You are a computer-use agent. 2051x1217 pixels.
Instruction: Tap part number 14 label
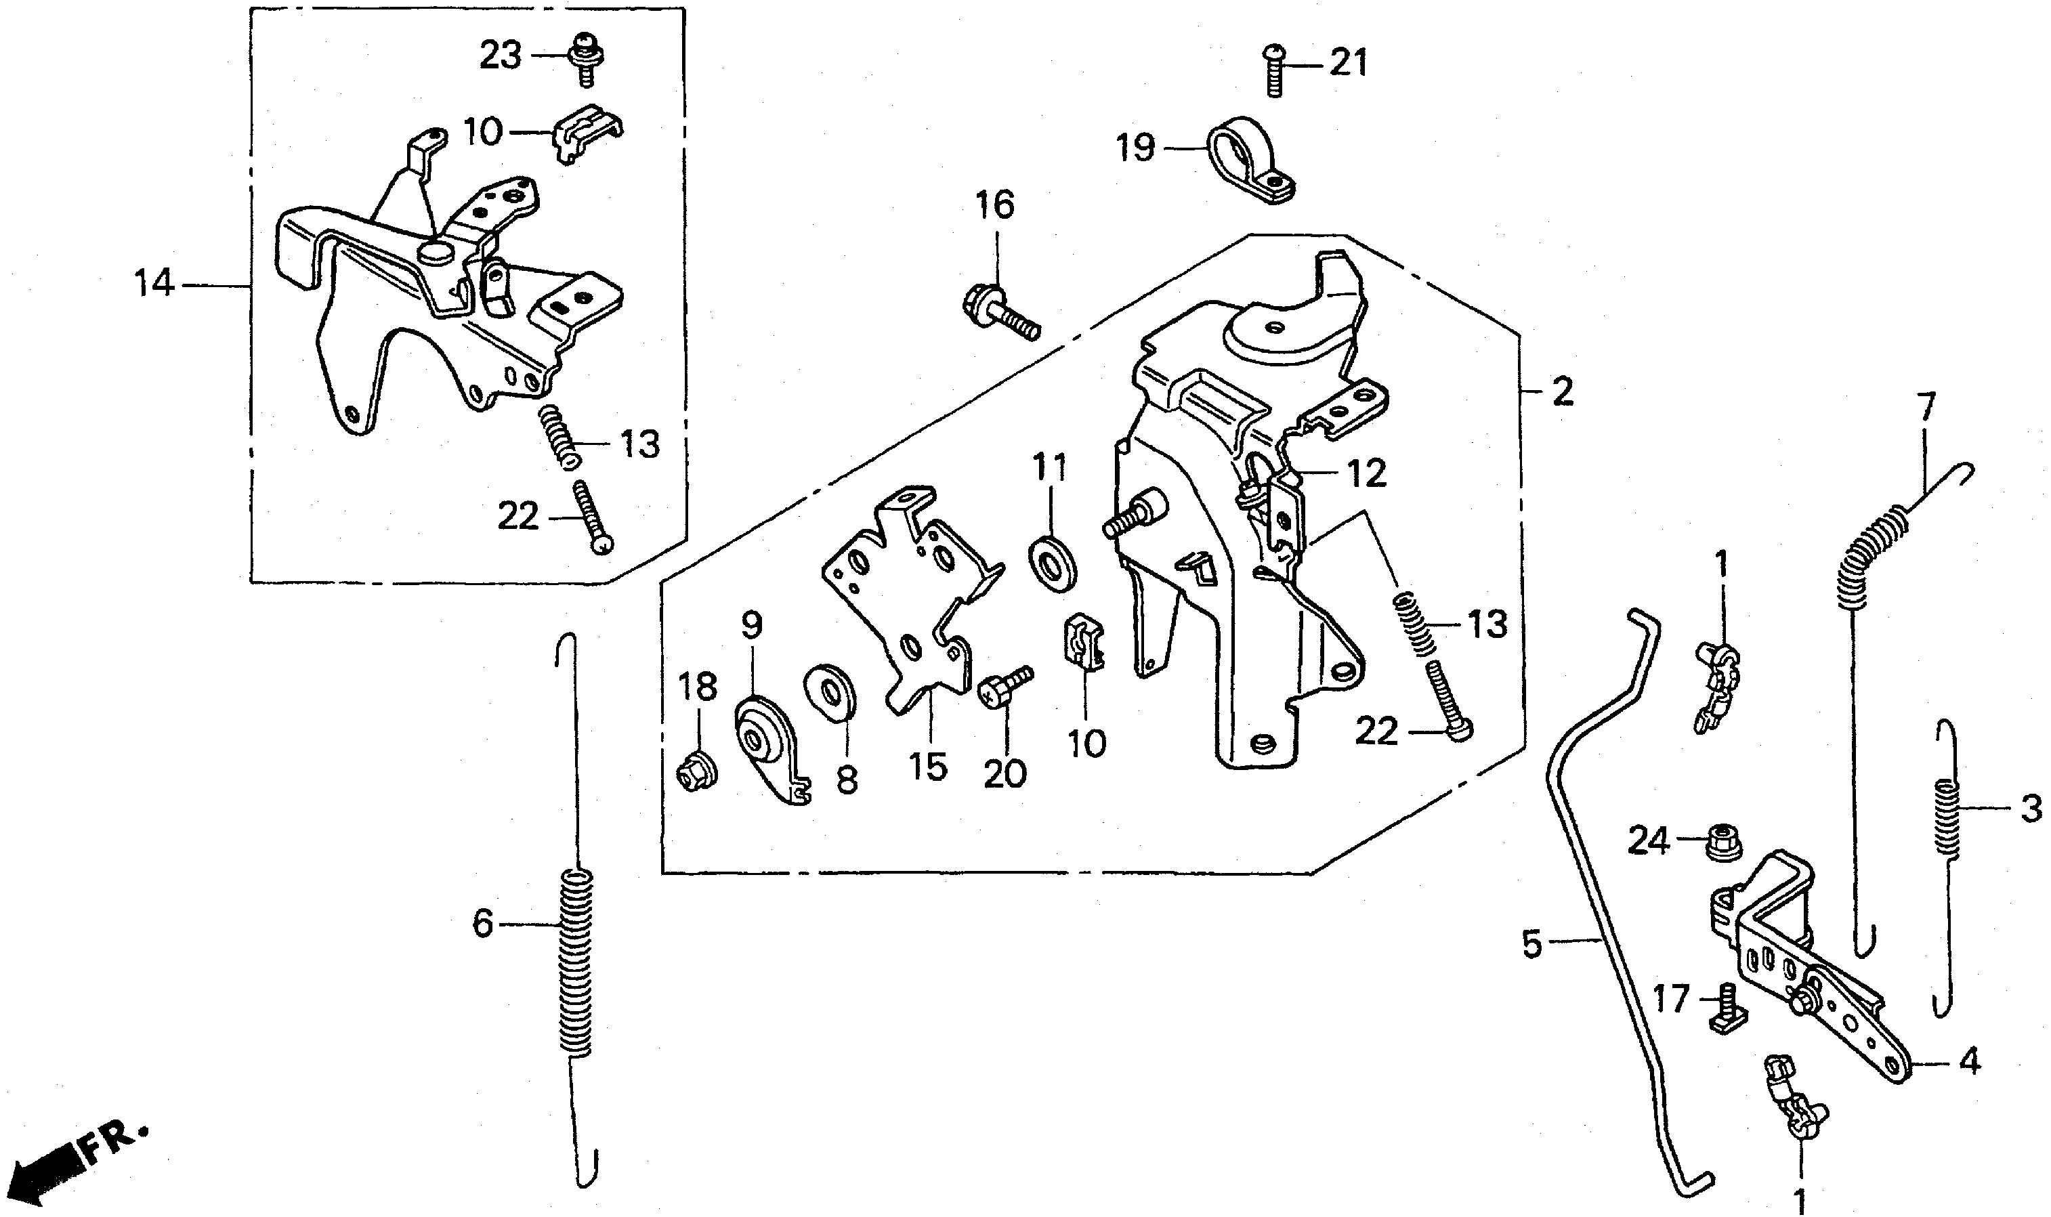[154, 284]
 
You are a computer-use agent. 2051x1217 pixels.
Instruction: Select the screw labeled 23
[584, 58]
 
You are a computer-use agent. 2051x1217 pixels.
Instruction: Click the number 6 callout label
[483, 924]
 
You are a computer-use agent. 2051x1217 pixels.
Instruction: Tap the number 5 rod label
[1531, 944]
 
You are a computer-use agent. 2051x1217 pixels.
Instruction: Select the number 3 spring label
[2030, 809]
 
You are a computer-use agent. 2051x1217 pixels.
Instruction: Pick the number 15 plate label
[929, 767]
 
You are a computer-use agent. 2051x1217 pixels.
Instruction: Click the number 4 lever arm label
[1969, 1063]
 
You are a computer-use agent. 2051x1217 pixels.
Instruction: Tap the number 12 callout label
[1366, 473]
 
